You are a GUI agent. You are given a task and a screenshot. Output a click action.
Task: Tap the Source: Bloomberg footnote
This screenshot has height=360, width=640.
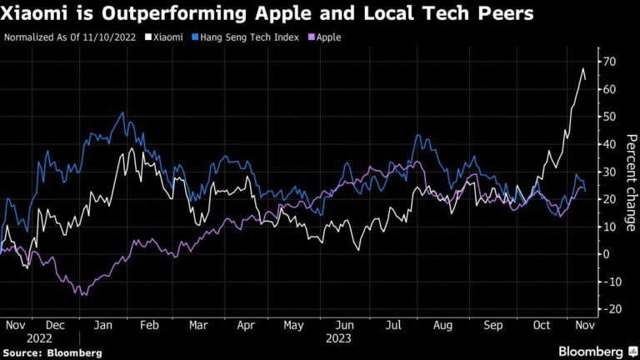(x=52, y=352)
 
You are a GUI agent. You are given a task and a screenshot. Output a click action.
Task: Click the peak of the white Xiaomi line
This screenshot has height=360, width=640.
(x=582, y=68)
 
